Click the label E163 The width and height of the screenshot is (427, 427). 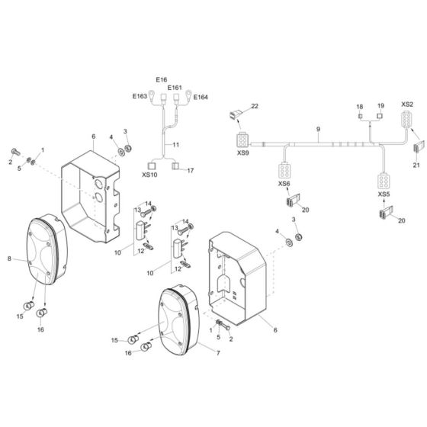point(139,97)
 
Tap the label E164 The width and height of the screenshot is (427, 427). point(200,97)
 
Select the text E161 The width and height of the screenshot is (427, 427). point(175,88)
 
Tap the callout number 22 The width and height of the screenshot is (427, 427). point(255,106)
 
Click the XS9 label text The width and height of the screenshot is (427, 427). point(242,153)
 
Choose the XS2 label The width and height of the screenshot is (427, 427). point(407,104)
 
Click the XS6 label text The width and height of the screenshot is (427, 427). point(284,184)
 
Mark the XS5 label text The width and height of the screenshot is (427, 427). point(384,195)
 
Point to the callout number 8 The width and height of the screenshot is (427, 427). point(10,259)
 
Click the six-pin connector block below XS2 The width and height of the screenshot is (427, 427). point(407,120)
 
